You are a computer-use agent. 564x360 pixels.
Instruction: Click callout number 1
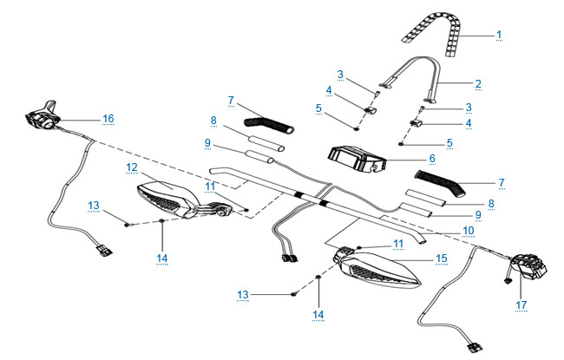click(x=499, y=35)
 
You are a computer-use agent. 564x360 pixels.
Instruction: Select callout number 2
click(x=478, y=84)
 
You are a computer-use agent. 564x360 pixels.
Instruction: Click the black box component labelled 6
click(x=357, y=159)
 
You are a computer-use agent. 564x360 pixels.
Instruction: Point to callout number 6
click(x=432, y=158)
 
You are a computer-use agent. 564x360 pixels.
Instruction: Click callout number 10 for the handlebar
click(x=468, y=230)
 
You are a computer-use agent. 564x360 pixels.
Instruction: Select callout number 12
click(x=132, y=167)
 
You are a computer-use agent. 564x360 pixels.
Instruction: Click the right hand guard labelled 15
click(x=377, y=268)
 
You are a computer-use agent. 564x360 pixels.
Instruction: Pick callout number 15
click(x=442, y=259)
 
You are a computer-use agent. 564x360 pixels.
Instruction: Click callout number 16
click(x=108, y=118)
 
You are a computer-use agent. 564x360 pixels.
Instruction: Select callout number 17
click(x=521, y=305)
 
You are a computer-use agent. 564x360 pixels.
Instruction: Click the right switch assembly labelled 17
click(x=528, y=268)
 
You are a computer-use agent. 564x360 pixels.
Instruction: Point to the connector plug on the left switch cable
click(x=104, y=250)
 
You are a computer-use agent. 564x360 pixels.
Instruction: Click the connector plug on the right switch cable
click(x=475, y=348)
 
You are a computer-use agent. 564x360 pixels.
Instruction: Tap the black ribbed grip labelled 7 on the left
click(x=269, y=125)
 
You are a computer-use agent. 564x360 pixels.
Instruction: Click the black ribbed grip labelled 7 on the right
click(x=440, y=183)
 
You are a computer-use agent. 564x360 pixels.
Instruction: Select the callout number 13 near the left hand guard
click(x=94, y=206)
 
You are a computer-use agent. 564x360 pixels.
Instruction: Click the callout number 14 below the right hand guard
click(x=318, y=315)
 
